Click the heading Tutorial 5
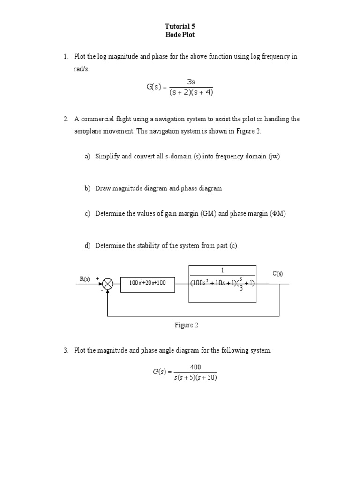[x=180, y=26]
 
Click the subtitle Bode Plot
[x=180, y=35]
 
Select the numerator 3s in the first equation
[x=191, y=82]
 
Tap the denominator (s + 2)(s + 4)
[x=191, y=92]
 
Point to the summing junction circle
[x=108, y=284]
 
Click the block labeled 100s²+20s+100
[x=148, y=283]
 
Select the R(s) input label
[x=84, y=278]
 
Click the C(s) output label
[x=277, y=274]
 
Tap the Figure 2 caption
[x=187, y=325]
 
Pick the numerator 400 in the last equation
[x=196, y=367]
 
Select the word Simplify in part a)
[x=107, y=157]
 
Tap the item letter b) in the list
[x=87, y=188]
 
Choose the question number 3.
[x=66, y=351]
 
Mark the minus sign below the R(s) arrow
[x=101, y=290]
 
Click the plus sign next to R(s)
[x=97, y=278]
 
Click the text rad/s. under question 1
[x=81, y=69]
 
